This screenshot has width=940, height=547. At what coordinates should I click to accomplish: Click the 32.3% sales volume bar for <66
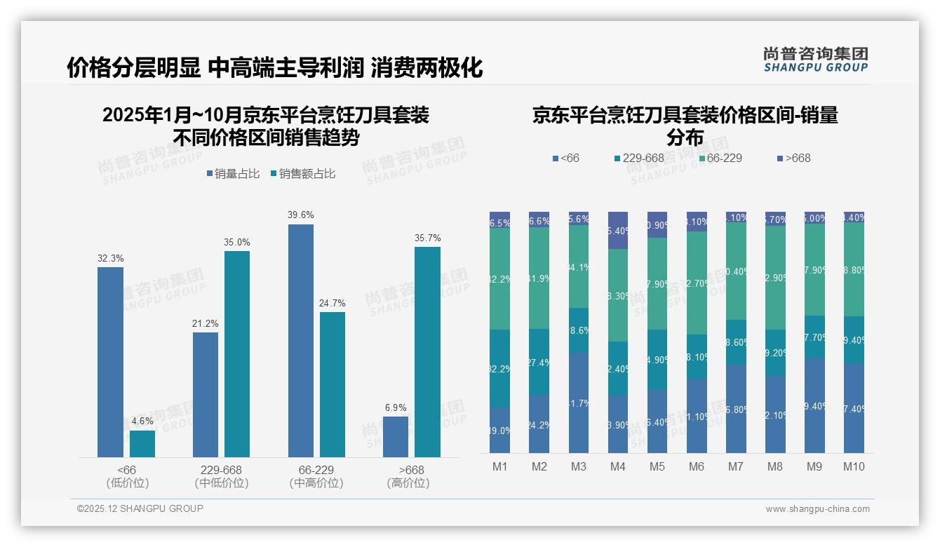coord(110,362)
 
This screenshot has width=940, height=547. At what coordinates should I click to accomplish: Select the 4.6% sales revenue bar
coord(142,443)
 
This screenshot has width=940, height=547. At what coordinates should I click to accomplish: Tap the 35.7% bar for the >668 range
coord(427,351)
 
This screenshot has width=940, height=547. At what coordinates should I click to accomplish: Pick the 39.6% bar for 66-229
coord(300,340)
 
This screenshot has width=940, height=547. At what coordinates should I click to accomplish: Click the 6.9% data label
coord(396,407)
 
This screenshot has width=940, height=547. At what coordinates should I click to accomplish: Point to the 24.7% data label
coord(333,303)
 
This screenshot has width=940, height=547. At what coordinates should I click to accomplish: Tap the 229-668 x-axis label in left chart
coord(222,470)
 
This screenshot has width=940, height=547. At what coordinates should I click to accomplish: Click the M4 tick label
coord(617,466)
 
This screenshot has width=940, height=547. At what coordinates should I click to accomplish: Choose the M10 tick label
coord(853,466)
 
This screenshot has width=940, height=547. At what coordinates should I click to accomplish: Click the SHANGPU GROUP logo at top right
coord(815,60)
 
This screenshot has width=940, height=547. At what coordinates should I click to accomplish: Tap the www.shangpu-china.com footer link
coord(817,509)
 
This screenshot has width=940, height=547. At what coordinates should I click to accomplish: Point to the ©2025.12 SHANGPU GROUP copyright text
coord(140,509)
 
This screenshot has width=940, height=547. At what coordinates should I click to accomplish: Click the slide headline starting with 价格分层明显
coord(275,68)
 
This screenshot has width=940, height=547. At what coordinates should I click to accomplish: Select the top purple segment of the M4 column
coord(618,230)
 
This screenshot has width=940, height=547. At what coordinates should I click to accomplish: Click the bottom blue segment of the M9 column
coord(814,405)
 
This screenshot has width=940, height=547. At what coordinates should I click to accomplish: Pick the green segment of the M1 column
coord(500,278)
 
